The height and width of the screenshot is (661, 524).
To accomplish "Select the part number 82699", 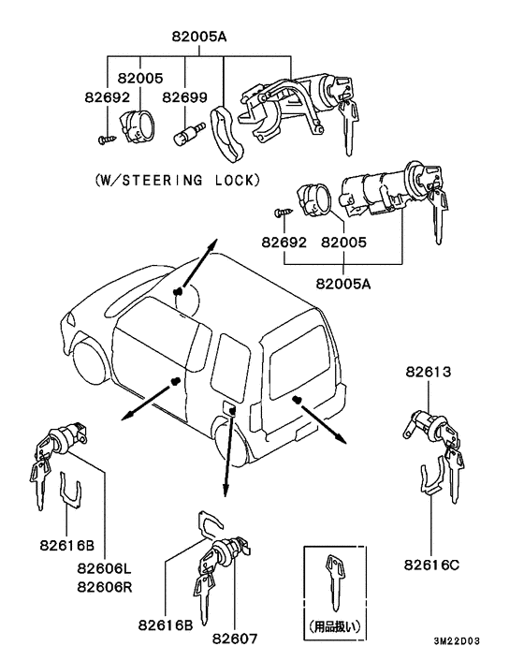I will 183,96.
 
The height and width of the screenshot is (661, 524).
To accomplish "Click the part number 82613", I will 429,372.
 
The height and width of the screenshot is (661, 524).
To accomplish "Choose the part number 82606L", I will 104,568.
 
